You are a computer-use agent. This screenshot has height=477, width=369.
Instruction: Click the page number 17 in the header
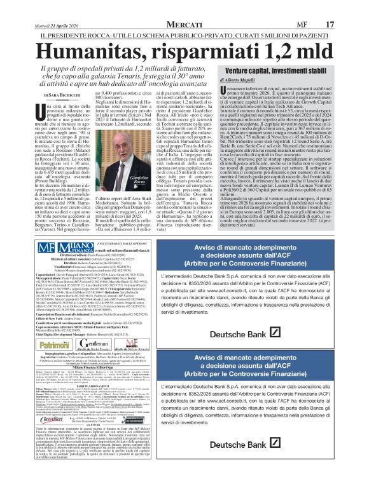click(x=348, y=7)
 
